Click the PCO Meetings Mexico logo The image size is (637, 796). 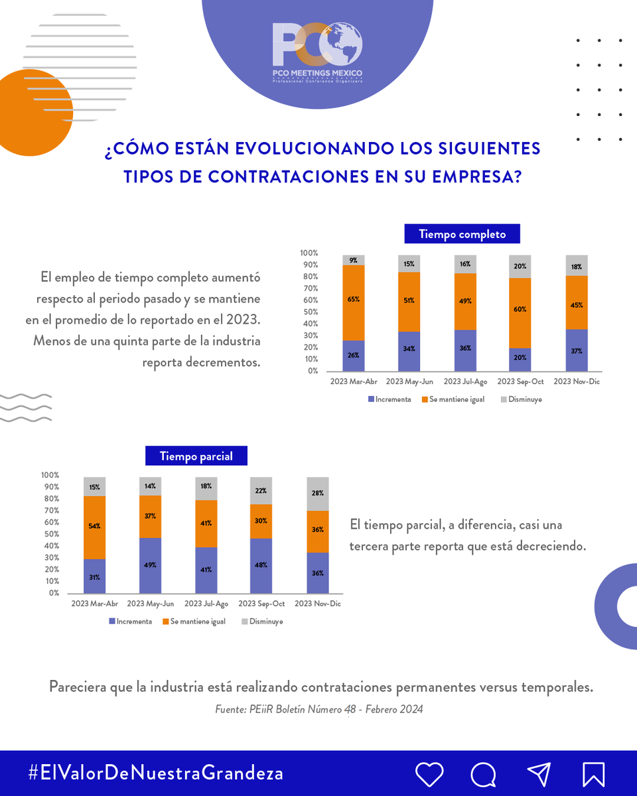317,53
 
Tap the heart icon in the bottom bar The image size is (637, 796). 429,773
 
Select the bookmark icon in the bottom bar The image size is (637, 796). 593,773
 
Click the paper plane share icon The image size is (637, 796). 539,773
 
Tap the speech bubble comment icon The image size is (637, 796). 484,773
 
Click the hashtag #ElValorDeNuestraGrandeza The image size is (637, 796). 156,773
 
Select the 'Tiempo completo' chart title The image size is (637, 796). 462,234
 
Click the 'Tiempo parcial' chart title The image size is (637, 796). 196,456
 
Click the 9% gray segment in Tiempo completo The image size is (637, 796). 354,260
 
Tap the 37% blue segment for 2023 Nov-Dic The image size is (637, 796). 577,350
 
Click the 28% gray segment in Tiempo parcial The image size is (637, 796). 317,494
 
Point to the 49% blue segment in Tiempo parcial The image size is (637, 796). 150,565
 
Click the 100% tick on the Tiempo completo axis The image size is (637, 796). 309,253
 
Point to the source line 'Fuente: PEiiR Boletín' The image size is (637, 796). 318,709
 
